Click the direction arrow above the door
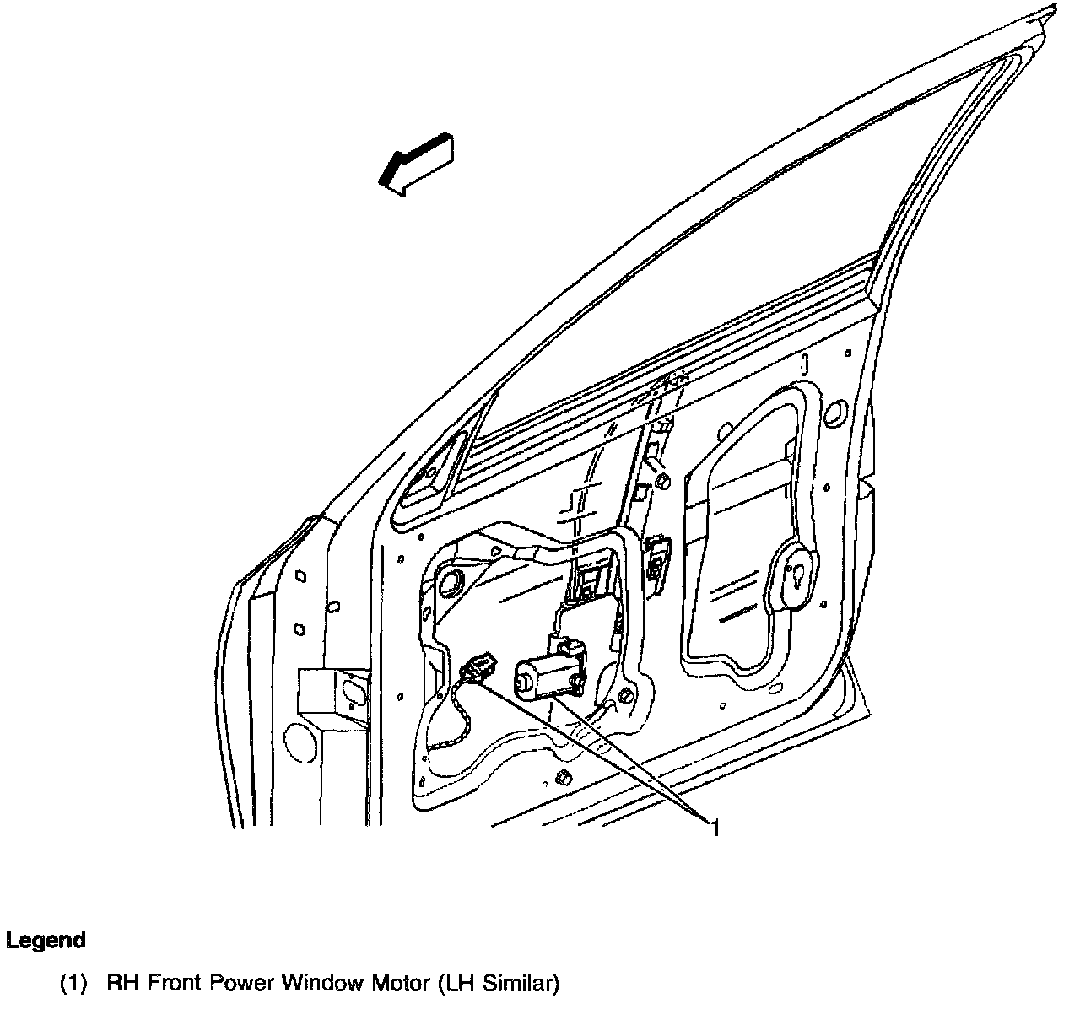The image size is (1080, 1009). (415, 164)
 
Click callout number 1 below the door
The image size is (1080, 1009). (715, 828)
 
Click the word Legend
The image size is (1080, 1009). (46, 941)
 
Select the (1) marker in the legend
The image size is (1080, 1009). (74, 983)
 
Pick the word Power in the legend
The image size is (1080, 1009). (246, 983)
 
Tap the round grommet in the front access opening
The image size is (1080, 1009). (451, 582)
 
